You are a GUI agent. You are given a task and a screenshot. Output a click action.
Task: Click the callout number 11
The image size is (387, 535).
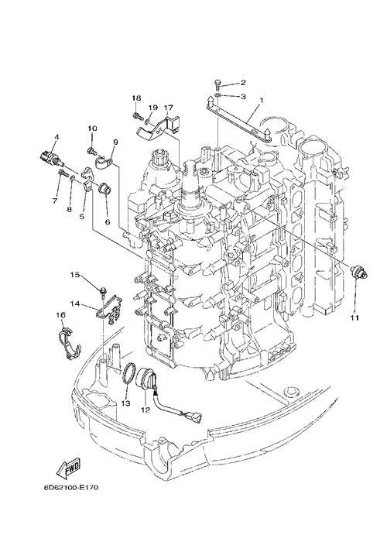click(x=354, y=317)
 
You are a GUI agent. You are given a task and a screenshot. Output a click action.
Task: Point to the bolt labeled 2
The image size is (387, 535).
click(x=217, y=84)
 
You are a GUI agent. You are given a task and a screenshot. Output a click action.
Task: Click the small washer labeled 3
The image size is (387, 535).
click(x=217, y=95)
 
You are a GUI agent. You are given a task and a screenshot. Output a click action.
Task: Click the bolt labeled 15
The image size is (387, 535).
click(x=102, y=292)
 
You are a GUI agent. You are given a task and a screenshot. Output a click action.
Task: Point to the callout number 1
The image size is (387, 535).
click(x=262, y=101)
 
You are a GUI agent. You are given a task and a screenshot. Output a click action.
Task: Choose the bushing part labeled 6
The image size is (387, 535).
click(x=103, y=190)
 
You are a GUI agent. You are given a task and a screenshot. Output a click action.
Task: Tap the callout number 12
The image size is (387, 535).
click(x=146, y=410)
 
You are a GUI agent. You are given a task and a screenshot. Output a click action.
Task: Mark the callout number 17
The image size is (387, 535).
click(x=169, y=108)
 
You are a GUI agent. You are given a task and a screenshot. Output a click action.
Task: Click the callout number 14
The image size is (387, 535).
click(x=74, y=303)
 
